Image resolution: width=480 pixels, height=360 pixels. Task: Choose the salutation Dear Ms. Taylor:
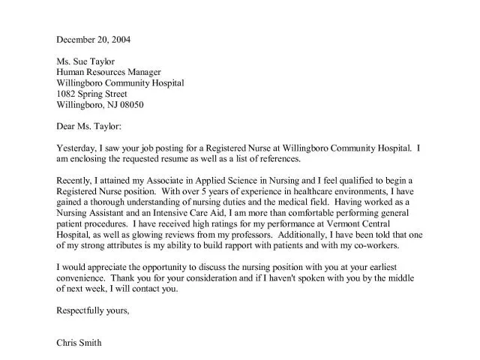pos(88,127)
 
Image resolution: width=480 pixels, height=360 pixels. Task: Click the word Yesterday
pos(77,148)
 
